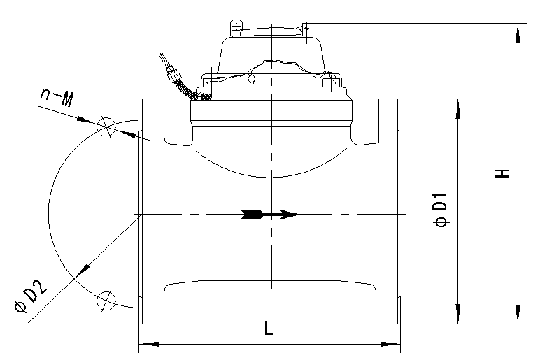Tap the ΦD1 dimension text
click(441, 210)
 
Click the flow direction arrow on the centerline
click(269, 215)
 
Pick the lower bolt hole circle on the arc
click(106, 301)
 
